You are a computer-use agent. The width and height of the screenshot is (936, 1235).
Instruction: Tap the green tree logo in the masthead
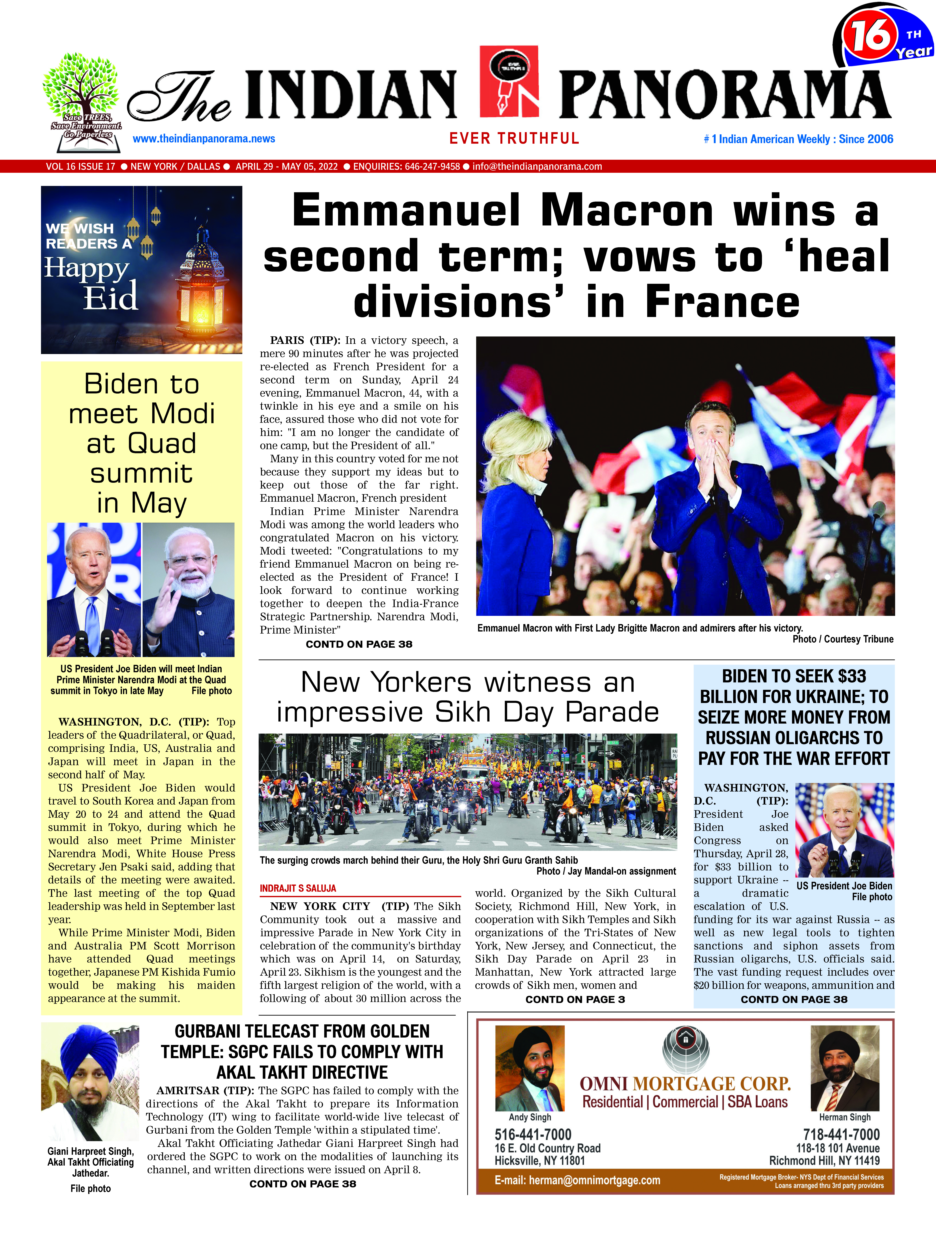tap(81, 84)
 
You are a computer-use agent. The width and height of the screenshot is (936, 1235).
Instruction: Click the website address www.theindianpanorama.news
tap(204, 138)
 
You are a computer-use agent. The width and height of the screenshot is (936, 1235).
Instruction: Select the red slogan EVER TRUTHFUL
tap(514, 138)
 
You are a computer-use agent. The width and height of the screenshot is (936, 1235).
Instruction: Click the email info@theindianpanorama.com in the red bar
tap(537, 166)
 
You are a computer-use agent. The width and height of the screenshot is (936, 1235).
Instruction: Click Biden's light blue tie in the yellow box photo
tap(93, 620)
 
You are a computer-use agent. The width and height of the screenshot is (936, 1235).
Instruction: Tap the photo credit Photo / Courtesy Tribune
tap(843, 639)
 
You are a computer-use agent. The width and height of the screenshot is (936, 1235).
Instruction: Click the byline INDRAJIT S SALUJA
tap(298, 888)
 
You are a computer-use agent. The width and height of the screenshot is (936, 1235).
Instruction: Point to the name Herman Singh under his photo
tap(845, 1117)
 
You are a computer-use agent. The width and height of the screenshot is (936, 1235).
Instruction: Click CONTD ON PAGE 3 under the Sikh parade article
tap(575, 999)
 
